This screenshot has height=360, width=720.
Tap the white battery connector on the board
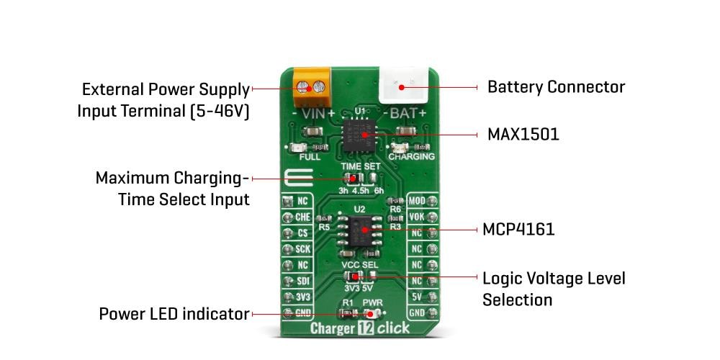point(403,87)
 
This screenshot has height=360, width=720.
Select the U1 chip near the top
point(360,135)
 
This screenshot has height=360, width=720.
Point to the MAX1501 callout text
point(523,135)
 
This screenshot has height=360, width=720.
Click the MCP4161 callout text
point(518,230)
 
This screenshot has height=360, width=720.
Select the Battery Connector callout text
point(556,87)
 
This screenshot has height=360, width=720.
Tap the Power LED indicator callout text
point(174,314)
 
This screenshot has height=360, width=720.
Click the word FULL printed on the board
point(310,156)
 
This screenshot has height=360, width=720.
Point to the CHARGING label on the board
point(411,156)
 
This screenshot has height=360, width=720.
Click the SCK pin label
point(302,248)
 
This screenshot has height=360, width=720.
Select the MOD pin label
point(417,201)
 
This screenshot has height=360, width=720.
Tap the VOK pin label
point(417,217)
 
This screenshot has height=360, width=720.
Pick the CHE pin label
point(302,217)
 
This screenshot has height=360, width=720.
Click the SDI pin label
point(302,281)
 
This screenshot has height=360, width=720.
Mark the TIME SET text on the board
point(361,166)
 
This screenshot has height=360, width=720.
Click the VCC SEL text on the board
point(360,265)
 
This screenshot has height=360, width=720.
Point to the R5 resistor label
point(324,227)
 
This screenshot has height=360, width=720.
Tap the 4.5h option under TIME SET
point(360,190)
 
